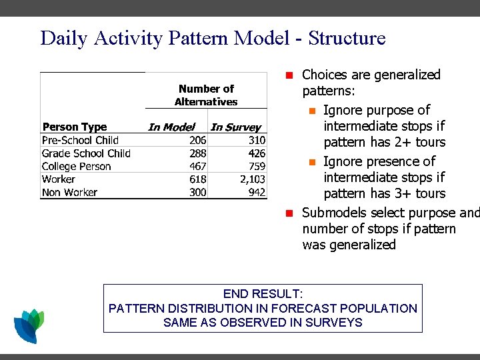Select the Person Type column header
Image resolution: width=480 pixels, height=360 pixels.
pos(75,127)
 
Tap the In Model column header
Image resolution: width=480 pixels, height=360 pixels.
pos(171,127)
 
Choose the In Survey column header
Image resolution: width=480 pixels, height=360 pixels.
pos(236,127)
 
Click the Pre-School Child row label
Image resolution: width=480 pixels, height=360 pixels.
pos(80,140)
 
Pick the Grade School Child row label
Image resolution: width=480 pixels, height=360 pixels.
pos(86,153)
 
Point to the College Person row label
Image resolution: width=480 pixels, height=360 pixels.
pos(76,166)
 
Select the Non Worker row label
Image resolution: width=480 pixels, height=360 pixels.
pos(69,192)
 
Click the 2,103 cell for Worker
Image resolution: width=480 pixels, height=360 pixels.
pos(253,179)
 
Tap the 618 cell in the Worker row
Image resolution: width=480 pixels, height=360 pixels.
pos(197,179)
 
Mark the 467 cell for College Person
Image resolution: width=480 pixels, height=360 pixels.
pos(197,166)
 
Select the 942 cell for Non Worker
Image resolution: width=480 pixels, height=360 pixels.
pos(257,192)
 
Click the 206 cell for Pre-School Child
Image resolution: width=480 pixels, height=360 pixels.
pos(197,140)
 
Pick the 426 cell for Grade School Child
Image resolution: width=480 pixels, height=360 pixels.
pos(257,153)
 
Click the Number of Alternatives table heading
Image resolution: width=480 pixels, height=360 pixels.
pos(206,95)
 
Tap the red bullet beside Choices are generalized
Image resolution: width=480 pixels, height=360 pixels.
pos(289,75)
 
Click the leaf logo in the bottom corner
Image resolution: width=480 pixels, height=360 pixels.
pos(29,325)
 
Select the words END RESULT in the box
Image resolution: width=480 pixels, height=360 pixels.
pos(263,294)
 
